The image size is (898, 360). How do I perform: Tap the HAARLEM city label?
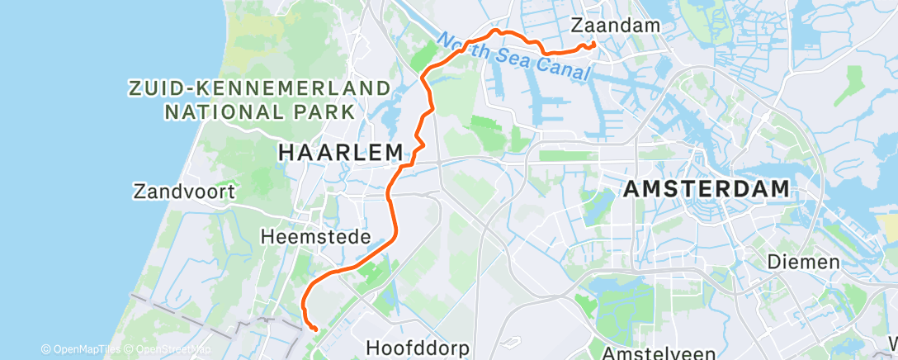point(341,152)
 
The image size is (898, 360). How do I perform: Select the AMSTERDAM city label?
point(707,188)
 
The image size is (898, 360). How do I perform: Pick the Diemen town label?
point(803,262)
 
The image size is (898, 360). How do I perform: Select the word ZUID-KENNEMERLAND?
point(258,87)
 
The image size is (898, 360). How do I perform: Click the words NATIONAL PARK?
point(258,110)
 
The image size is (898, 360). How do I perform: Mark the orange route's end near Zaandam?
point(594,44)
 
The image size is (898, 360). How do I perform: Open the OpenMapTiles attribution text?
point(81,349)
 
